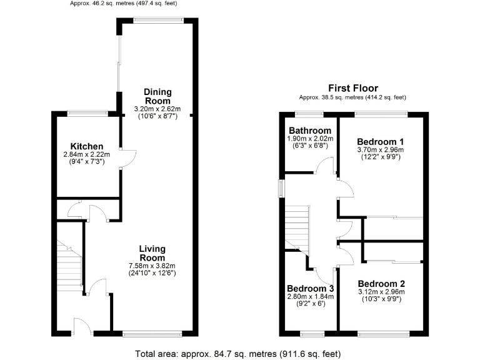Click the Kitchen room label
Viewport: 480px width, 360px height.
tap(86, 146)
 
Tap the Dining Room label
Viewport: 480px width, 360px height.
tap(157, 96)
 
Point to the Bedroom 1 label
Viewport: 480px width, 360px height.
tap(380, 141)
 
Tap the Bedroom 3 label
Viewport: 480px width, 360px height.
tap(311, 288)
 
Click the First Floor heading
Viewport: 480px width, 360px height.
tap(352, 88)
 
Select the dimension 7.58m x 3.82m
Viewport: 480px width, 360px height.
tap(152, 265)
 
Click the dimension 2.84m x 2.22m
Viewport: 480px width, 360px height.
tap(86, 154)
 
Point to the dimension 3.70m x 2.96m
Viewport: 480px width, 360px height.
tap(380, 150)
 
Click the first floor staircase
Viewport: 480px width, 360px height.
tap(297, 228)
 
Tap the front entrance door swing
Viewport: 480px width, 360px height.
tap(81, 326)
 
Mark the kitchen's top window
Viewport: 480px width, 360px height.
tap(87, 113)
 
